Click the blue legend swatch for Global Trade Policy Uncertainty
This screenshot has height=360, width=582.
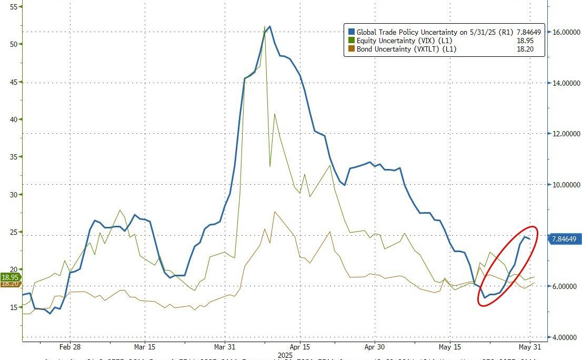tap(351, 32)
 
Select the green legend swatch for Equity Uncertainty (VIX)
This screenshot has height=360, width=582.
tap(351, 41)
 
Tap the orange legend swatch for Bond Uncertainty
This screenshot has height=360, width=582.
tap(351, 49)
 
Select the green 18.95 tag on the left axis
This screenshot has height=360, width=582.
tap(10, 277)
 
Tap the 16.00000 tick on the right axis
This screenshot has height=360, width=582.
tap(566, 32)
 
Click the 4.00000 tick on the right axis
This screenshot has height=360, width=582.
tap(566, 337)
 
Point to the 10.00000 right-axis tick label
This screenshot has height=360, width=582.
tap(566, 185)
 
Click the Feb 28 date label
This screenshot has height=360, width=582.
tap(69, 347)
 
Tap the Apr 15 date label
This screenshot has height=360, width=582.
tap(299, 347)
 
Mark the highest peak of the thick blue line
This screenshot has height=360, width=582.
tap(269, 26)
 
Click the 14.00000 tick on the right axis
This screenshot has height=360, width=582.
tap(566, 83)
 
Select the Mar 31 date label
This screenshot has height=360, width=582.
tap(225, 347)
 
